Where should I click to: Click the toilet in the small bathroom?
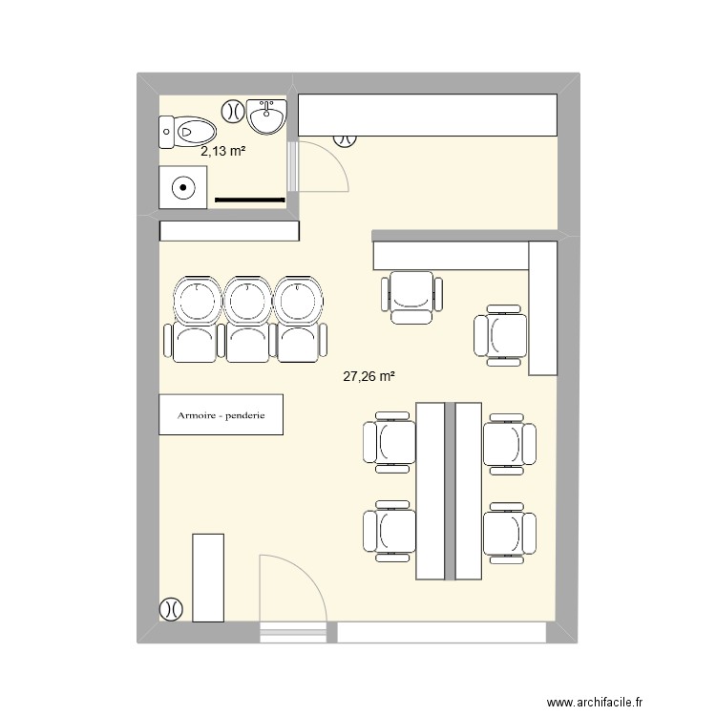tap(187, 131)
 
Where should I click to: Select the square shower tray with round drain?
tap(180, 187)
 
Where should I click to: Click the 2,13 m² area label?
tap(224, 150)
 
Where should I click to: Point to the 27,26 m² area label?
tap(369, 377)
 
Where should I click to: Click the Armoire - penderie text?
tap(221, 415)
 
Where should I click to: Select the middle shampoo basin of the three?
tap(247, 300)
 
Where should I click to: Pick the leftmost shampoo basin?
tap(197, 300)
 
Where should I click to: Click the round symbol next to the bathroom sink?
tap(232, 110)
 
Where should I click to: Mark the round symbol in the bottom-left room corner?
tap(171, 607)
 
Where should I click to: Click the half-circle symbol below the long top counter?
tap(345, 140)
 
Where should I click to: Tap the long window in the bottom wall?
tap(442, 632)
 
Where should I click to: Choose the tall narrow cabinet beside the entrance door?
tap(208, 578)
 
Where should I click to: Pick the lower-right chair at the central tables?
tap(503, 530)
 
